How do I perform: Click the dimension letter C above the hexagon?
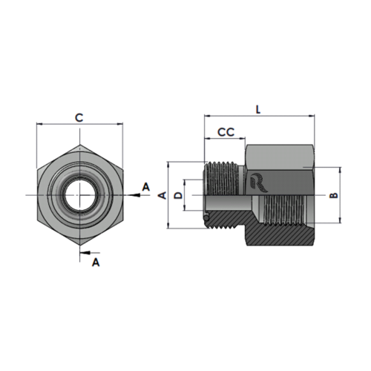[79, 118]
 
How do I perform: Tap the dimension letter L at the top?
[258, 110]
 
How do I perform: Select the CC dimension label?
[226, 132]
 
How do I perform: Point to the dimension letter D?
[178, 195]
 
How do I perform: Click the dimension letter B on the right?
[334, 195]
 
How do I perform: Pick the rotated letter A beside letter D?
[162, 195]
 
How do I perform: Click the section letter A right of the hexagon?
[146, 187]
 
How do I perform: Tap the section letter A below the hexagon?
[96, 262]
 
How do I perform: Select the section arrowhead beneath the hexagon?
[85, 252]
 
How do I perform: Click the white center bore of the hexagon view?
[79, 195]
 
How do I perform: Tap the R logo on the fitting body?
[258, 183]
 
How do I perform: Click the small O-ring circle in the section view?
[206, 217]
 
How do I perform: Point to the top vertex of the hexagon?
[79, 145]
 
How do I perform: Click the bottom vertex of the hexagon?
[79, 246]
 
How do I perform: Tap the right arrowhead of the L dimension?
[312, 116]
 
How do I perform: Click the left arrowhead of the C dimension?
[40, 124]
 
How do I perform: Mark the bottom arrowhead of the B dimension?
[341, 220]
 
